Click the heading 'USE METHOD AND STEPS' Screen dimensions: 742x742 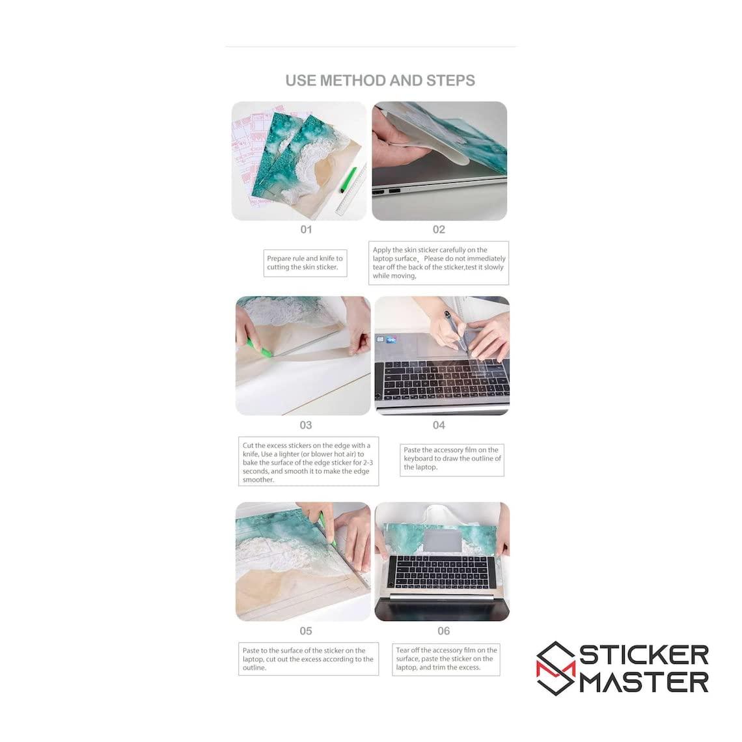380,81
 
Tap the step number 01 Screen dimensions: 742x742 306,230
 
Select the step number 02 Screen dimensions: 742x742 439,230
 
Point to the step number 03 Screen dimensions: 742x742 306,425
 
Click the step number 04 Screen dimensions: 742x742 439,425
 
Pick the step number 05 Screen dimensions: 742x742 306,631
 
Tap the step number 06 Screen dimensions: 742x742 443,631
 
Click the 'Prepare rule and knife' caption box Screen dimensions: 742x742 305,263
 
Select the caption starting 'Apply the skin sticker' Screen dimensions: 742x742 439,263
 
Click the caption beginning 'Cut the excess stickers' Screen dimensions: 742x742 309,461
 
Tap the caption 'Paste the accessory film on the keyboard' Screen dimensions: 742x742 452,460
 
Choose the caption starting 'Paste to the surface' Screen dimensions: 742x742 309,659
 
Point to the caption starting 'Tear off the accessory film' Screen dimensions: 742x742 446,659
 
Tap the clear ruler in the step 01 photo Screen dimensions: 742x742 351,190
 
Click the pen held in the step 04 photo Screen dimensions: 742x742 457,334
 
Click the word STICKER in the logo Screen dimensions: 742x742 644,655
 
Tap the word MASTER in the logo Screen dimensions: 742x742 644,682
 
